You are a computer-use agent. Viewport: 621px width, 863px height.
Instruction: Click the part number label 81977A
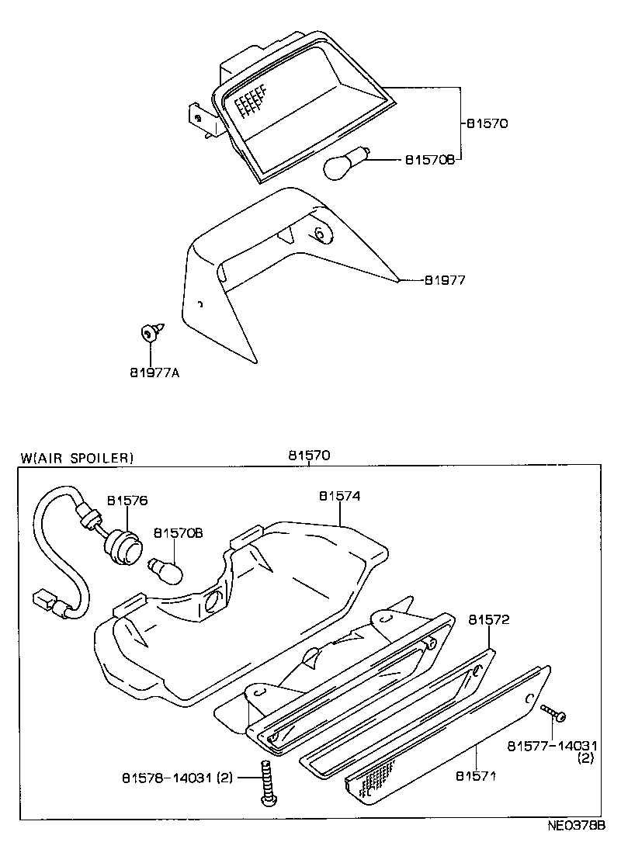click(155, 373)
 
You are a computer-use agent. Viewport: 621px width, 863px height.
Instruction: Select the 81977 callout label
click(444, 280)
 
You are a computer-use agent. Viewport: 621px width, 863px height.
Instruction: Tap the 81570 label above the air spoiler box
click(308, 456)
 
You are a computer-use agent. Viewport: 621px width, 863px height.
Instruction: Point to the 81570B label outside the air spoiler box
click(428, 160)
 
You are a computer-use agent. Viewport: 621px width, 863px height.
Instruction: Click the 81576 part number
click(127, 501)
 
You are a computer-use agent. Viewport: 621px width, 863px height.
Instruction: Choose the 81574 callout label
click(339, 495)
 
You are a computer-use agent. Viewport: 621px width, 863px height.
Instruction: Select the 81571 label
click(476, 775)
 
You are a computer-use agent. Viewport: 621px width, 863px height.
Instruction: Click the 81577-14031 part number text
click(550, 746)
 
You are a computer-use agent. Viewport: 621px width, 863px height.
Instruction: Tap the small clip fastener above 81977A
click(148, 334)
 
